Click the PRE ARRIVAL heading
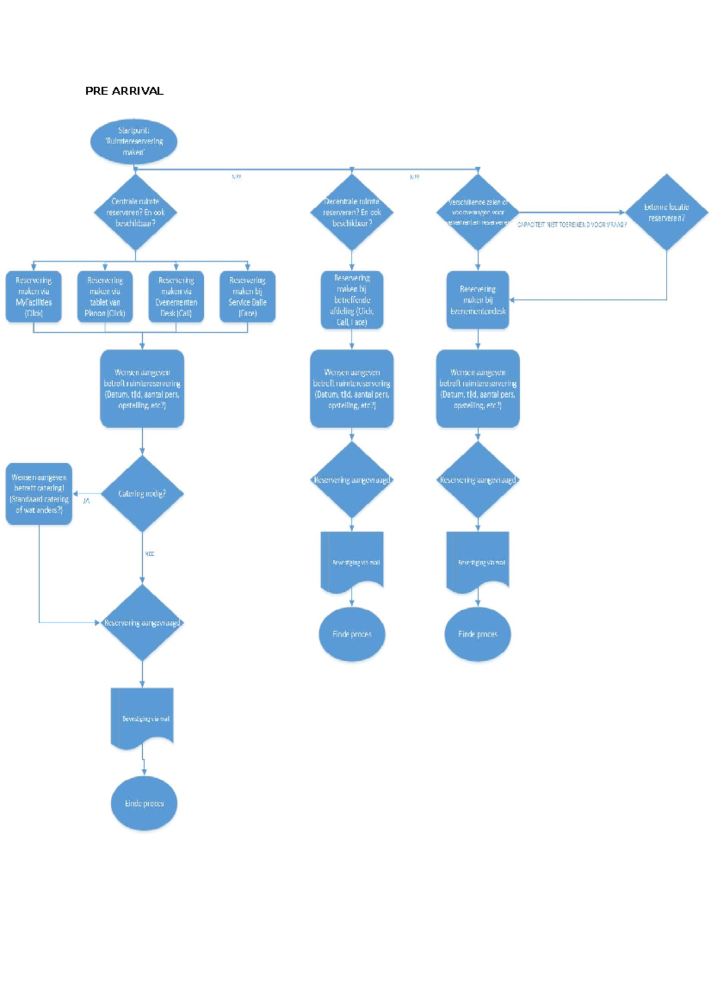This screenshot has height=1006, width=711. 124,91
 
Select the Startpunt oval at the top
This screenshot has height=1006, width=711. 133,142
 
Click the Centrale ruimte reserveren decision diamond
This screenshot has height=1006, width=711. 136,212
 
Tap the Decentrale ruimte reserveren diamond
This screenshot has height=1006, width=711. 352,212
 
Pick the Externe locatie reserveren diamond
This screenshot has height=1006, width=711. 667,212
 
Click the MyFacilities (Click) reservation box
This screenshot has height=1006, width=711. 34,297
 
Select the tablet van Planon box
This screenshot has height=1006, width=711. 105,297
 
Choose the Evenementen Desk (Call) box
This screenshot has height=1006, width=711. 176,297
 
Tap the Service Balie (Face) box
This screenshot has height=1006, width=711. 247,297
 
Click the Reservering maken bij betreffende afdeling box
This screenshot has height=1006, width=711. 352,300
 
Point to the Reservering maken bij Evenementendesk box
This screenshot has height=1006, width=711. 478,300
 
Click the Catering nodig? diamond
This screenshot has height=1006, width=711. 142,494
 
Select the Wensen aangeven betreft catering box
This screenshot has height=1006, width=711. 39,494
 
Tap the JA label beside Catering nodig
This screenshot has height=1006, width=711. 87,501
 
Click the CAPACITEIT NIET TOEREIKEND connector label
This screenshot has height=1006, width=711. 572,225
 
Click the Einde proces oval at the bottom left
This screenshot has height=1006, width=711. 144,803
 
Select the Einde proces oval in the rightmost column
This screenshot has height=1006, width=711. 478,634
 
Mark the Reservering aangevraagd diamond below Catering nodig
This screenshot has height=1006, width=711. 142,623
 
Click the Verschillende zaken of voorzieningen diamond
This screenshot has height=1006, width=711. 478,212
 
